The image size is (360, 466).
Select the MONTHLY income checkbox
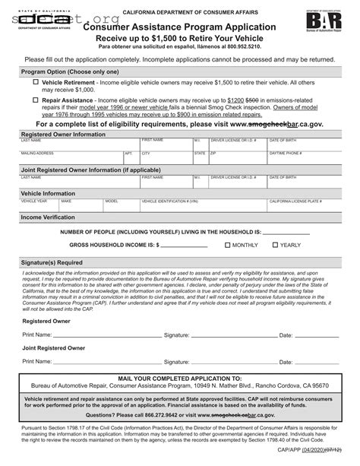tap(228, 246)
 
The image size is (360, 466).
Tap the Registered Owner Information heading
tap(63, 134)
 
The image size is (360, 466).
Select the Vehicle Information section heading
tap(48, 194)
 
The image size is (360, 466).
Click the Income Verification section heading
tap(48, 217)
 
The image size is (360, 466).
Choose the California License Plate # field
tap(304, 207)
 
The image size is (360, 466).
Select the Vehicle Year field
tap(38, 207)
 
